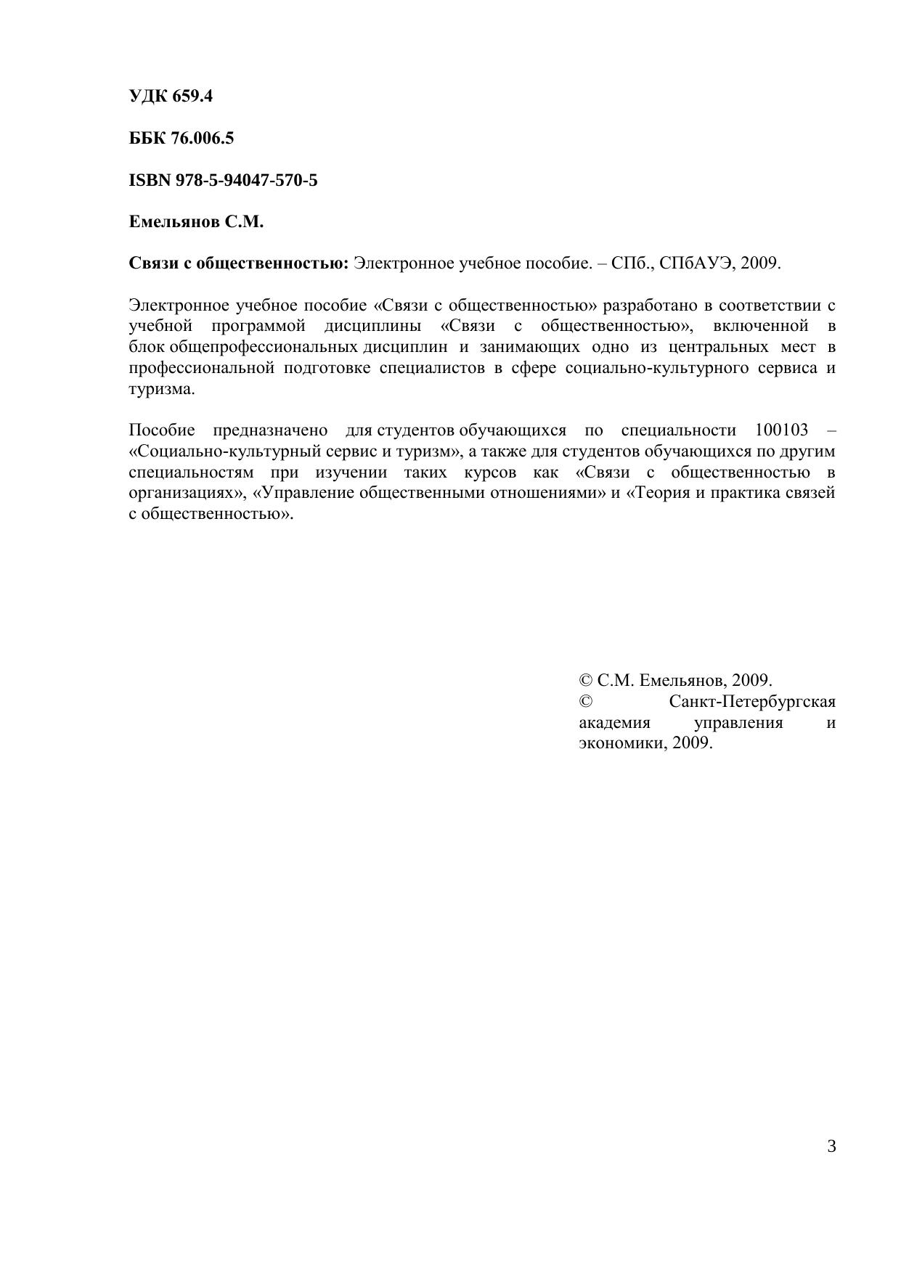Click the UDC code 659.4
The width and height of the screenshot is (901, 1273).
pos(192,96)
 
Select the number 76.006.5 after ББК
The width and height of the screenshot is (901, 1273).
pos(203,138)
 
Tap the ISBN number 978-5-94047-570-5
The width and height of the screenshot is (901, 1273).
pos(246,180)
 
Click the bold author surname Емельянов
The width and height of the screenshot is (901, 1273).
pos(174,222)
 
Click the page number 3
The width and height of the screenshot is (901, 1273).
pos(831,1147)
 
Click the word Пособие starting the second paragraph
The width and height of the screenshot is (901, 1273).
pos(162,430)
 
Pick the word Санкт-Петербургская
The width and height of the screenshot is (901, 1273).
pos(752,703)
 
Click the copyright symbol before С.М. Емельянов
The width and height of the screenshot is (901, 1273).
pos(585,681)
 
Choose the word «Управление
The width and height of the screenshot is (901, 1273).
pos(303,493)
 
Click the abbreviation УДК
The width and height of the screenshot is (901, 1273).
pos(147,96)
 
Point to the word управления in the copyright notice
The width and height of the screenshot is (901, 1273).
pos(738,724)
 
